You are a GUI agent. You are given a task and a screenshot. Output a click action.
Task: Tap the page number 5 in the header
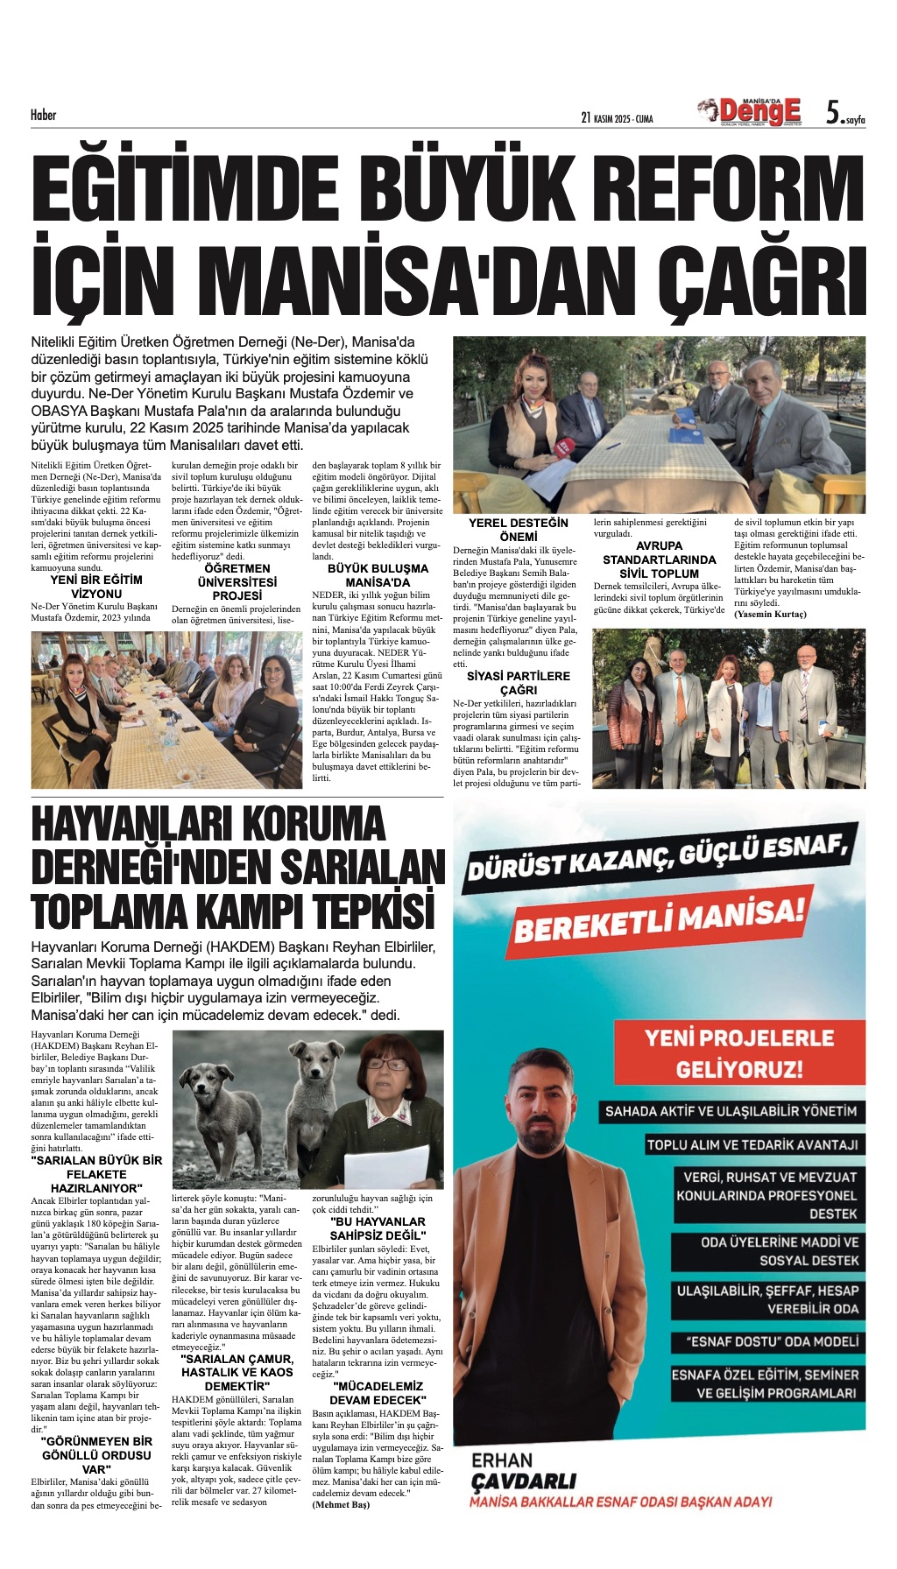833,113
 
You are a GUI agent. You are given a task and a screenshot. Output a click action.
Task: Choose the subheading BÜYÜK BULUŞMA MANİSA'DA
378,575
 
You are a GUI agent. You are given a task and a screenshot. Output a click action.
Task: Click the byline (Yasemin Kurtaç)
770,614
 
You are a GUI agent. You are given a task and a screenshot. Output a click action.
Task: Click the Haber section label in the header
43,115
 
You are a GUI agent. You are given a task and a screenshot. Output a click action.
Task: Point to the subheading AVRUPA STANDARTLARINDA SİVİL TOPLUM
659,559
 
